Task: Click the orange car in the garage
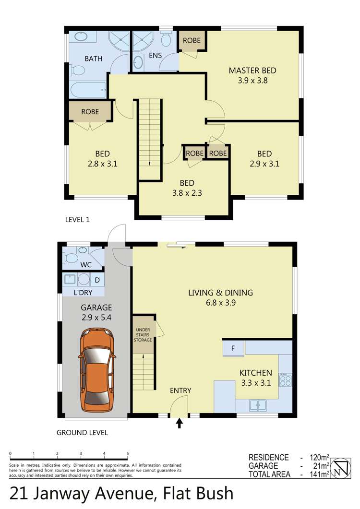point(97,370)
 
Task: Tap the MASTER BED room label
point(252,71)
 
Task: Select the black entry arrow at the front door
point(180,423)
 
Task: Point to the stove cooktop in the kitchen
point(286,380)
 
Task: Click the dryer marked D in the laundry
point(97,279)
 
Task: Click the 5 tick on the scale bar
point(128,453)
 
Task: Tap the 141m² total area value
point(317,474)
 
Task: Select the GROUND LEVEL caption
point(82,432)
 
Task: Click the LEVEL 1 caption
point(77,220)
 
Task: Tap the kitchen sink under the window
point(258,405)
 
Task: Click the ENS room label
point(155,56)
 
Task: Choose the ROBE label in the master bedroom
point(192,41)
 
